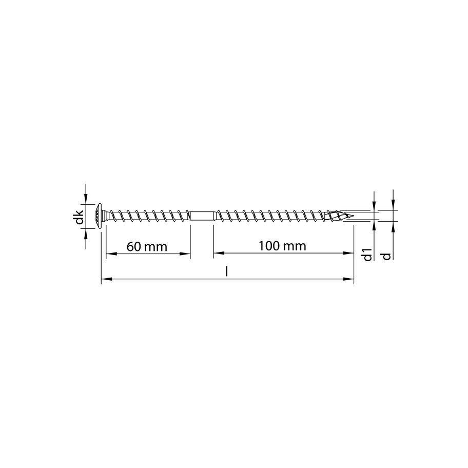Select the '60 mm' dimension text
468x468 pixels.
point(147,246)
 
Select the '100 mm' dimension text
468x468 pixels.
point(282,246)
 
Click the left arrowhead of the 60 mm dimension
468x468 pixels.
point(109,253)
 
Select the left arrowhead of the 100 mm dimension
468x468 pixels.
point(218,253)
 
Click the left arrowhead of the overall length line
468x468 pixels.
point(105,280)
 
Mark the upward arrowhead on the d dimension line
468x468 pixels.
point(393,225)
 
